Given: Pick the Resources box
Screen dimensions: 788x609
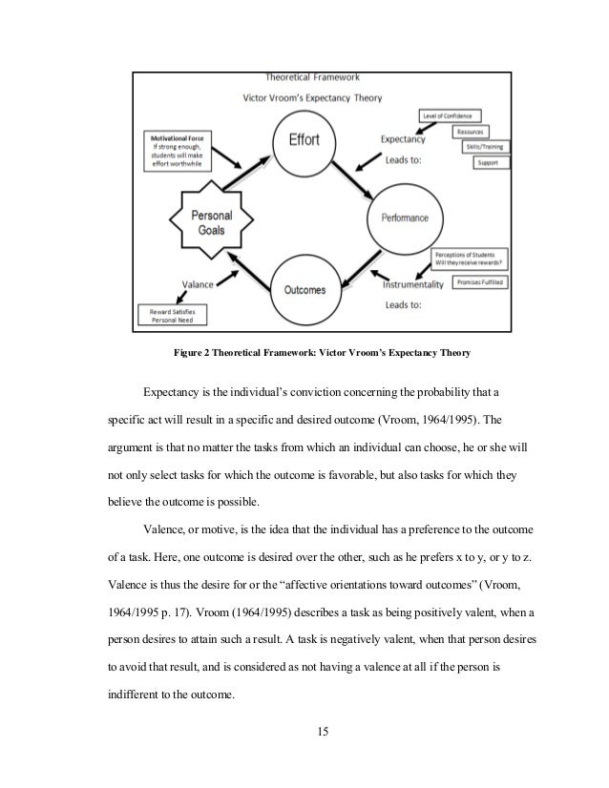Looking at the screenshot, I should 468,132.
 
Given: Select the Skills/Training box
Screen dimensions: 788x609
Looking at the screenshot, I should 484,146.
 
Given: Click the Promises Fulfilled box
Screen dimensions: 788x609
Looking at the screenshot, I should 480,283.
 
